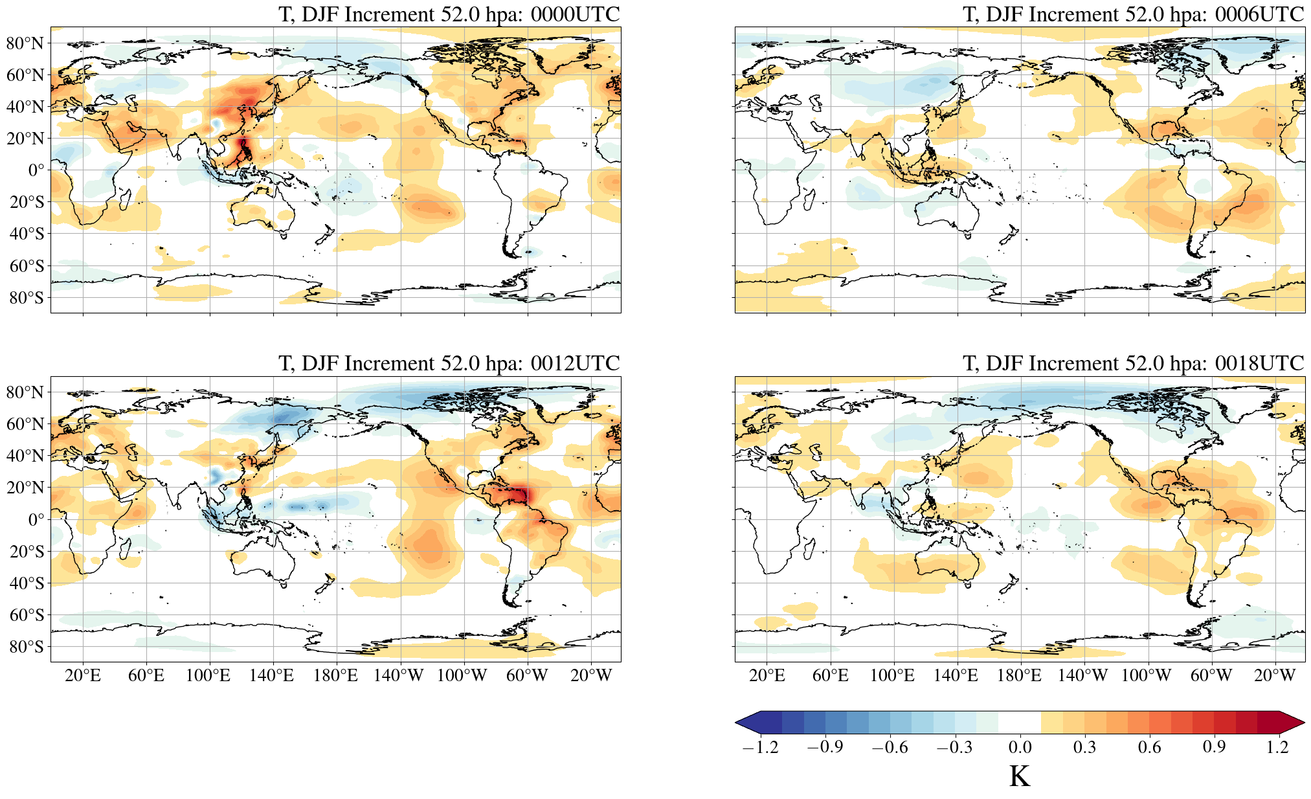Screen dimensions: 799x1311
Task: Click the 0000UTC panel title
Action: pyautogui.click(x=449, y=14)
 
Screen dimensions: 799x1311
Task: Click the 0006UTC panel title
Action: pyautogui.click(x=1133, y=14)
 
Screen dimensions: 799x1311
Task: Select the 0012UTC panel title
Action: pyautogui.click(x=449, y=363)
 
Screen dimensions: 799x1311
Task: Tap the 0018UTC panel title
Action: pyautogui.click(x=1133, y=363)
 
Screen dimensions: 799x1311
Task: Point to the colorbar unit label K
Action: pyautogui.click(x=1019, y=776)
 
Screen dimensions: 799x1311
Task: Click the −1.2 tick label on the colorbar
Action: pyautogui.click(x=760, y=747)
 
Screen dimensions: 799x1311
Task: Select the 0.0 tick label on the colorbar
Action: pyautogui.click(x=1020, y=747)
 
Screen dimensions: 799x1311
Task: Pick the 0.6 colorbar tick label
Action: pyautogui.click(x=1149, y=747)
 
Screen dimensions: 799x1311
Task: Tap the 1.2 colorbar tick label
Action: pyautogui.click(x=1277, y=747)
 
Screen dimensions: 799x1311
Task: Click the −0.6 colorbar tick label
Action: pyautogui.click(x=890, y=747)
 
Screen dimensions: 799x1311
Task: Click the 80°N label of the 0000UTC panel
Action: pyautogui.click(x=25, y=43)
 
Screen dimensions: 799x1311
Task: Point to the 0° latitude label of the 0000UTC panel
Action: pyautogui.click(x=36, y=170)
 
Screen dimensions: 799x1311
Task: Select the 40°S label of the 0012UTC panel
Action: pyautogui.click(x=26, y=583)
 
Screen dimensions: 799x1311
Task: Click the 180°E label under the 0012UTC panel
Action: pyautogui.click(x=335, y=676)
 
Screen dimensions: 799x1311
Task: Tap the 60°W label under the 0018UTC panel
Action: pyautogui.click(x=1211, y=676)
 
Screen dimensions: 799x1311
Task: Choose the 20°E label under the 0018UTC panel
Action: pyautogui.click(x=767, y=676)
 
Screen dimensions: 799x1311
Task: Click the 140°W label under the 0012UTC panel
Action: pyautogui.click(x=398, y=676)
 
